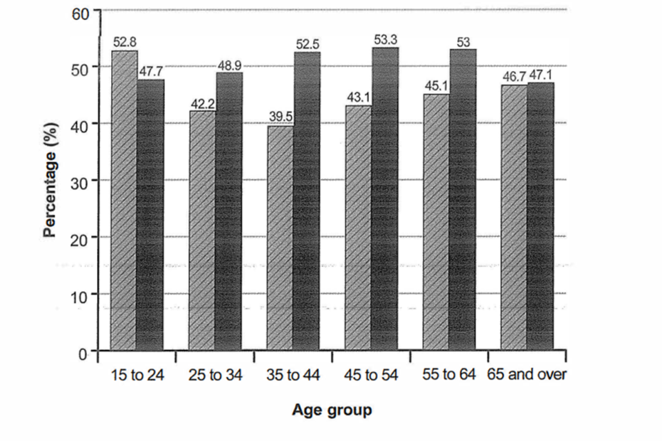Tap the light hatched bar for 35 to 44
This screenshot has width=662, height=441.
coord(280,238)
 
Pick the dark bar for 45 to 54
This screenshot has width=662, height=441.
coord(385,199)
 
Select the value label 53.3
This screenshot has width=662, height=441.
coord(385,41)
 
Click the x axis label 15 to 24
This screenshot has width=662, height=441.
coord(137,375)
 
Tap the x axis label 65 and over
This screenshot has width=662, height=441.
coord(527,374)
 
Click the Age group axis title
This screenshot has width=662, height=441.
coord(332,410)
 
